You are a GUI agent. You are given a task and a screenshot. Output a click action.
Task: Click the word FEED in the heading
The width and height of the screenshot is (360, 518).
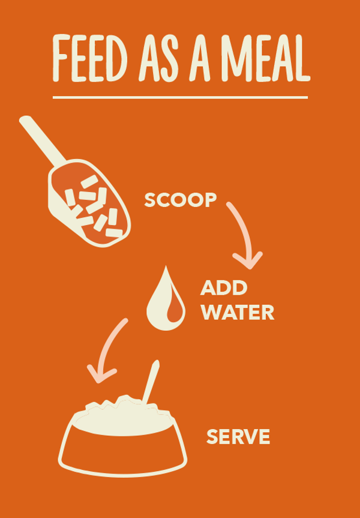point(90,58)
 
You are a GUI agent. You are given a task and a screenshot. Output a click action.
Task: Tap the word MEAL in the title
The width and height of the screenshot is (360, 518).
point(266,58)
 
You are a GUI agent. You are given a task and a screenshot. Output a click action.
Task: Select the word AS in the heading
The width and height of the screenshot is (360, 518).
point(158,58)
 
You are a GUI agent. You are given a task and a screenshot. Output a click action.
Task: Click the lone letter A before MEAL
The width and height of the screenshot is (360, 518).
point(200,58)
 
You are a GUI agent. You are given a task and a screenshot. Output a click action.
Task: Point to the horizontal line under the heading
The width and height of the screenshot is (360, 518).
point(181,97)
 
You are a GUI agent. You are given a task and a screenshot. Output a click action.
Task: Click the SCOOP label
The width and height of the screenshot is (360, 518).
point(181,200)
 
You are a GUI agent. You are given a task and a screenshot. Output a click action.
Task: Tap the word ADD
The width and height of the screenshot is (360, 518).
point(224,288)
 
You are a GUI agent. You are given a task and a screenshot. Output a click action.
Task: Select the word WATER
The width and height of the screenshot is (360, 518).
point(238,312)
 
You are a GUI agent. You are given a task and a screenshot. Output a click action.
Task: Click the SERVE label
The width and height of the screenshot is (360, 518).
point(238,436)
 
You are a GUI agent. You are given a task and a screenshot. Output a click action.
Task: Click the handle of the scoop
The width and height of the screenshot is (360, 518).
point(41,140)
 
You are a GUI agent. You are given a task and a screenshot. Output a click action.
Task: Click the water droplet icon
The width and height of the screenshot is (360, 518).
point(166,301)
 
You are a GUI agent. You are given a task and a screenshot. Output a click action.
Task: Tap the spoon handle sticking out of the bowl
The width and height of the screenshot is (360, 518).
point(151,382)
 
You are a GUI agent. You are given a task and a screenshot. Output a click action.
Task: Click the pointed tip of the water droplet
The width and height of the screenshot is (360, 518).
point(166,267)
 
